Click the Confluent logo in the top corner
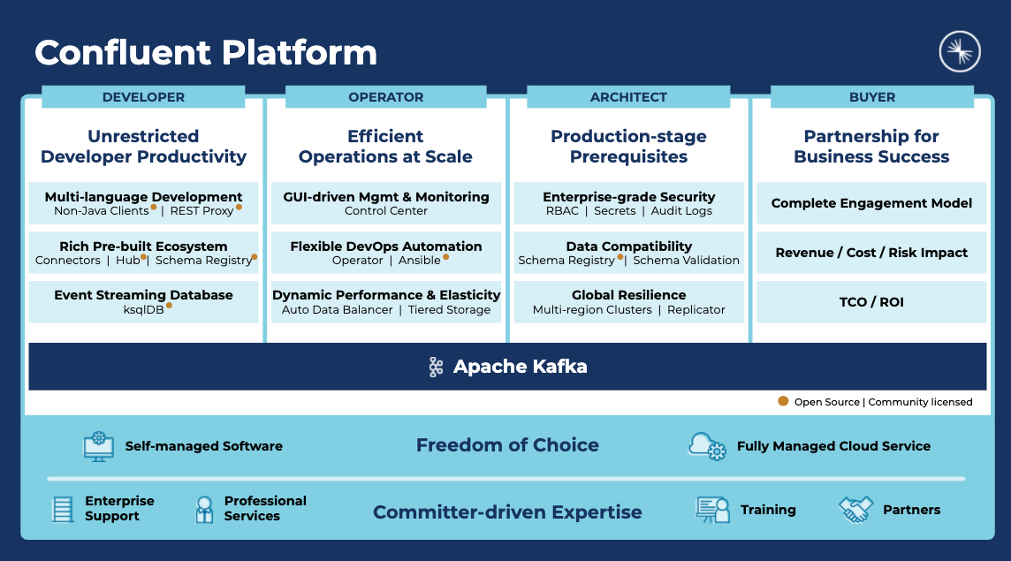(x=960, y=51)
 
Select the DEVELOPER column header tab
(x=143, y=96)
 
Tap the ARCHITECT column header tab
(x=628, y=96)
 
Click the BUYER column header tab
(x=871, y=96)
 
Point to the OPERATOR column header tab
(x=385, y=96)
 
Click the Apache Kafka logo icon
(x=436, y=367)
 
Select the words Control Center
(x=385, y=211)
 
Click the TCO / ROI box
(x=871, y=302)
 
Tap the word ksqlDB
(x=143, y=309)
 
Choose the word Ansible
(x=419, y=260)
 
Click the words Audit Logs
(x=681, y=211)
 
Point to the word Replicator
(x=696, y=309)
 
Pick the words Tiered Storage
(x=450, y=309)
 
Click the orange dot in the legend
(x=783, y=401)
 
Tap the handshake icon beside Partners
(x=855, y=510)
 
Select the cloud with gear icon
(x=707, y=446)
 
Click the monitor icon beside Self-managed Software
(x=99, y=446)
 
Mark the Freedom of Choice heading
(x=507, y=445)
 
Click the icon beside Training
(x=712, y=510)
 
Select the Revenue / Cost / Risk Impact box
(x=871, y=253)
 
